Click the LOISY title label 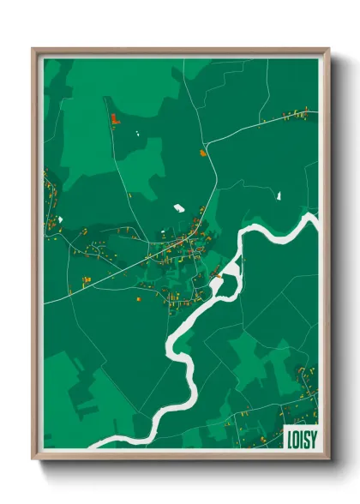(x=300, y=436)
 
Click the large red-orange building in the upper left (x=115, y=119)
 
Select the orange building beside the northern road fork (x=203, y=153)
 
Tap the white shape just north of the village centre (x=178, y=207)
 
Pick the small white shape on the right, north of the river (x=279, y=196)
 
